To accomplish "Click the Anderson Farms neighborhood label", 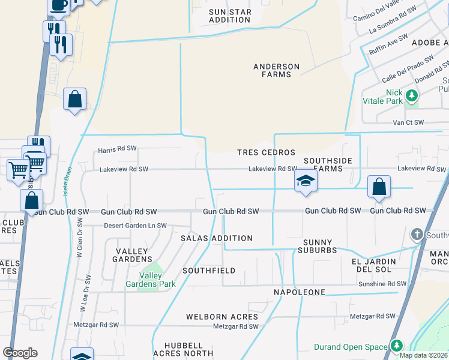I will coord(276,70).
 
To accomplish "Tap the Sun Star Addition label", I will coord(229,16).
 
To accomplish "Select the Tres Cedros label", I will coord(266,152).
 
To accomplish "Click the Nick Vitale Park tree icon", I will coord(411,95).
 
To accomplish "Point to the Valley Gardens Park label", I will coord(150,280).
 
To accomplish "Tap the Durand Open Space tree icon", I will coord(396,346).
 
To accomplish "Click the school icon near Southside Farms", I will coord(306,181).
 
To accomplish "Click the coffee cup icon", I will coord(58,5).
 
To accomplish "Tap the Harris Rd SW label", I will coord(118,149).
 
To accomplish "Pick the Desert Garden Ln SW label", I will coord(135,226).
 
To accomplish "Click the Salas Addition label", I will coord(217,238).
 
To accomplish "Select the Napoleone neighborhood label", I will coord(300,292).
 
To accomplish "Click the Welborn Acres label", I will coord(221,316).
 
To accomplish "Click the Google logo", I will coord(20,353).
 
